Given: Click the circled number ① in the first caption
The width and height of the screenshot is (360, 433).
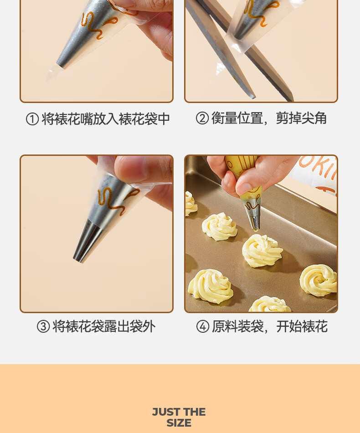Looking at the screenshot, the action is pos(32,119).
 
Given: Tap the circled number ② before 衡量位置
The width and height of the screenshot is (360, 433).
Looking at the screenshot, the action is pos(202,118).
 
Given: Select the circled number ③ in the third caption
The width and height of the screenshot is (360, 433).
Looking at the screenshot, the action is pos(43,327).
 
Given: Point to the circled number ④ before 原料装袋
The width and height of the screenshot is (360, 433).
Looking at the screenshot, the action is pos(203,327).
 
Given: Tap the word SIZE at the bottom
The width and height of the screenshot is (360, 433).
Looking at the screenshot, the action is pos(179,423).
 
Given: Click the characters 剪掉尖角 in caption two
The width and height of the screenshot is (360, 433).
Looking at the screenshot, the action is pos(301,118).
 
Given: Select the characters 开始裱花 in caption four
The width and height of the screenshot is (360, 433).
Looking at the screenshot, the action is pos(302,327).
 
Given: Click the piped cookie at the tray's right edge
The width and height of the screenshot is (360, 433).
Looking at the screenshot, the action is pos(319,280).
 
